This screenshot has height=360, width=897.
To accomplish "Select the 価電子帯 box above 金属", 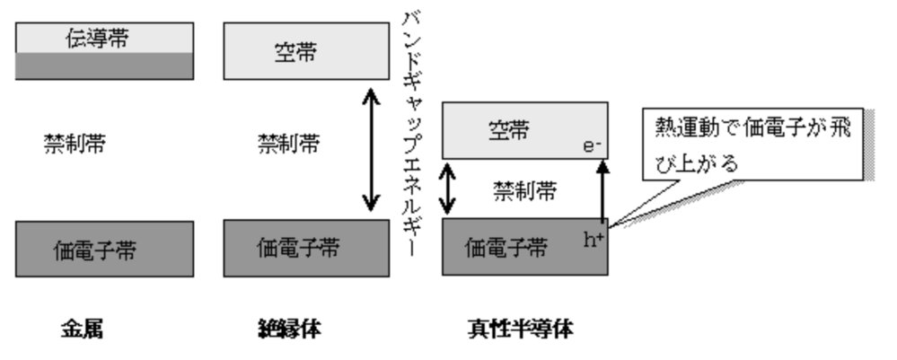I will click(x=104, y=248).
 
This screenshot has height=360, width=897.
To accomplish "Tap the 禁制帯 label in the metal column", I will click(x=75, y=143).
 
